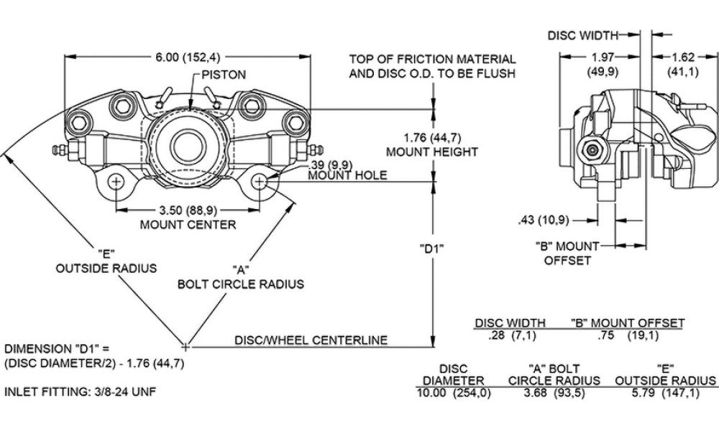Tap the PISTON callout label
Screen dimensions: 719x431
pyautogui.click(x=224, y=75)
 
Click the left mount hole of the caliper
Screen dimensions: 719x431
pyautogui.click(x=115, y=182)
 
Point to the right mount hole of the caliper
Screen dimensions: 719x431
pyautogui.click(x=260, y=182)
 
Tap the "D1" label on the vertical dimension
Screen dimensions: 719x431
pyautogui.click(x=431, y=249)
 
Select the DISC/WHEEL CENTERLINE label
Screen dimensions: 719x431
pyautogui.click(x=311, y=340)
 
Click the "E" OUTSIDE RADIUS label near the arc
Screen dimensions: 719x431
pyautogui.click(x=106, y=261)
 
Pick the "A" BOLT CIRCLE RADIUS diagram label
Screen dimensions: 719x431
pyautogui.click(x=241, y=277)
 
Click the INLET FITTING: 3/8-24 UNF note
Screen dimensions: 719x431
pyautogui.click(x=81, y=392)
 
